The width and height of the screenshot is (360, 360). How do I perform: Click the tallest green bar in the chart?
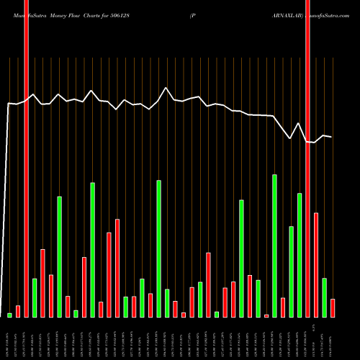tap(274, 245)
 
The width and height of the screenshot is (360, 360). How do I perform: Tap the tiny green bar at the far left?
tap(9, 315)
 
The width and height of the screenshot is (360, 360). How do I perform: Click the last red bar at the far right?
tap(333, 307)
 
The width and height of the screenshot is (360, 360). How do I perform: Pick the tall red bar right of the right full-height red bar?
tap(315, 264)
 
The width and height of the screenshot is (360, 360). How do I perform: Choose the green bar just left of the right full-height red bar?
tap(299, 255)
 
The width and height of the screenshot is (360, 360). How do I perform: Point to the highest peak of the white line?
tap(166, 88)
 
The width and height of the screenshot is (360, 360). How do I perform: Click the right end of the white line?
tap(331, 137)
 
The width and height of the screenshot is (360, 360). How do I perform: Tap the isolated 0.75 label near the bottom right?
tap(314, 325)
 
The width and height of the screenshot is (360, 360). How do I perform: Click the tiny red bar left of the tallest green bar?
tap(266, 315)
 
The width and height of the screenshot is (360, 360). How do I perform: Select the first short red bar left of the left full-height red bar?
tap(18, 311)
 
